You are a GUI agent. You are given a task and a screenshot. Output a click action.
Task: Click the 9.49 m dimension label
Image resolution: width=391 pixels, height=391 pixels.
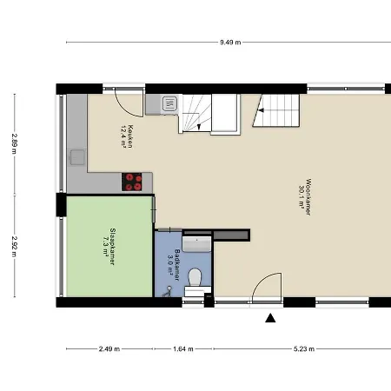pos(230,43)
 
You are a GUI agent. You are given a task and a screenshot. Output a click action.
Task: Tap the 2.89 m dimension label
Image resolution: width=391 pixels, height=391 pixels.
pos(14,143)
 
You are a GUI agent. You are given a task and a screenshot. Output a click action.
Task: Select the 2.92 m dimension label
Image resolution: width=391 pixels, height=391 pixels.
pos(14,246)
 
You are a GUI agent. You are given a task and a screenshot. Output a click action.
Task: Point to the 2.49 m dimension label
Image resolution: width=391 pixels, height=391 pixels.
pos(109,348)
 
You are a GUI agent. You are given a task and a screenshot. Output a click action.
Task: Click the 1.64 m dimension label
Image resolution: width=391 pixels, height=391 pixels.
pos(183,348)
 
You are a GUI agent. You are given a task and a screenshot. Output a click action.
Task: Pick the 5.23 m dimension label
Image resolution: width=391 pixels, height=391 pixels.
pos(304,348)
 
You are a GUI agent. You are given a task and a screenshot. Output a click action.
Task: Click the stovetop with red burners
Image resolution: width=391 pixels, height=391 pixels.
pos(132,182)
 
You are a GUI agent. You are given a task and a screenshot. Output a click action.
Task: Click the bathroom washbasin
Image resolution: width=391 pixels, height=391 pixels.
pos(197,243)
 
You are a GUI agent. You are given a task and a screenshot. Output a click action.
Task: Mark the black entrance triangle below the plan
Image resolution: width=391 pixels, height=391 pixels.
pos(270,318)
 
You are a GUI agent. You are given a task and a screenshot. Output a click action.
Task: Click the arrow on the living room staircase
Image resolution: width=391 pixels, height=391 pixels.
pos(262,110)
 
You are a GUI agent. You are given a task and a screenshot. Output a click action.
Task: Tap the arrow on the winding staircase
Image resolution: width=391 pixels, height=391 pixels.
pos(199,127)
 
